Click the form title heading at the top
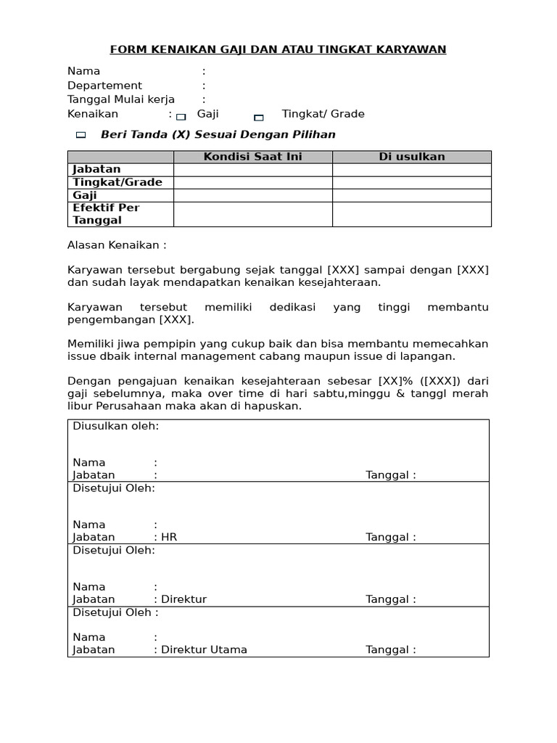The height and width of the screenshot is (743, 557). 278,49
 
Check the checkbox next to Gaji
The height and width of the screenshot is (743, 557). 181,116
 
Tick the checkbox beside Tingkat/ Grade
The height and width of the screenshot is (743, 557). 259,117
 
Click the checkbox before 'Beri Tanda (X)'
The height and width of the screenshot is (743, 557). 81,136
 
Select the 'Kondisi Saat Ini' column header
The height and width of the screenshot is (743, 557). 252,157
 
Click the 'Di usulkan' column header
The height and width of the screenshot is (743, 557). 411,157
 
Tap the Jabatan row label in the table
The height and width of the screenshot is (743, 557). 96,169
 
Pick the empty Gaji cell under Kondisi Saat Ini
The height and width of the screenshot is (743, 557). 252,195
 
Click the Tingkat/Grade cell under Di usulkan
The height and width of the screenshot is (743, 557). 411,182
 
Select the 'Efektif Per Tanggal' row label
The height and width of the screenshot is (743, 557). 106,214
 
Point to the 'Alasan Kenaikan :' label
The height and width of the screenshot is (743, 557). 117,245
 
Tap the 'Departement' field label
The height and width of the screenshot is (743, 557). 104,86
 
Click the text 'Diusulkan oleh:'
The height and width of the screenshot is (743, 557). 115,426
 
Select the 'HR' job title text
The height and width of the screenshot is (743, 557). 169,538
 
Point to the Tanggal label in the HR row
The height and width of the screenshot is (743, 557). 390,538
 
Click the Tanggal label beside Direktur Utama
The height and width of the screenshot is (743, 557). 390,649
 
